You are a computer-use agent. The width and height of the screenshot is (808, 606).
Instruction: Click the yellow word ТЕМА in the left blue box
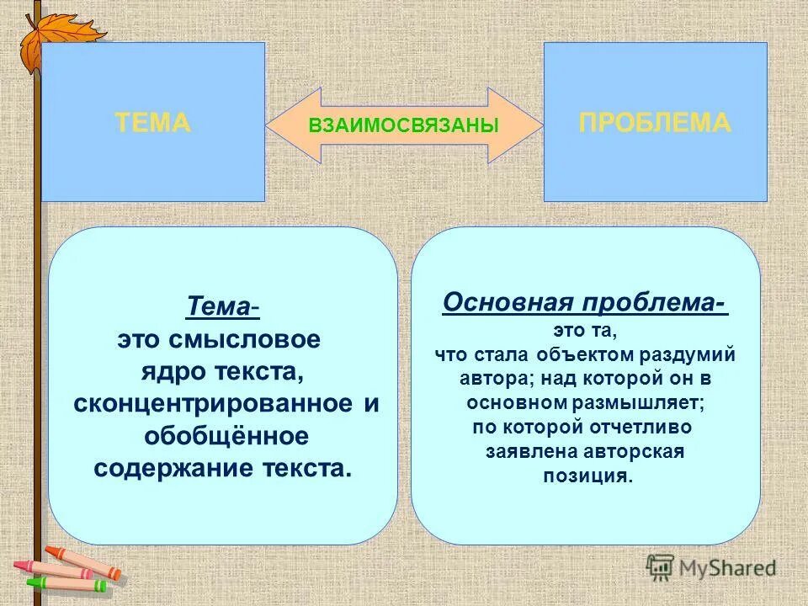pyautogui.click(x=152, y=123)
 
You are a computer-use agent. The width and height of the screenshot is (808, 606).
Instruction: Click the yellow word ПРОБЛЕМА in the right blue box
pyautogui.click(x=655, y=123)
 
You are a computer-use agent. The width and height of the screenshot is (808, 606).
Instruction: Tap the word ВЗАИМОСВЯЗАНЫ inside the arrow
pyautogui.click(x=404, y=125)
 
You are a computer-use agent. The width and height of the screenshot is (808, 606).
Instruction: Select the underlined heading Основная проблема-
pyautogui.click(x=585, y=302)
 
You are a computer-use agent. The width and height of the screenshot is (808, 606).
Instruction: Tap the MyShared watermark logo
pyautogui.click(x=711, y=566)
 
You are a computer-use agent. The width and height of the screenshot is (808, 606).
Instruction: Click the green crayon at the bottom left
pyautogui.click(x=67, y=582)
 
